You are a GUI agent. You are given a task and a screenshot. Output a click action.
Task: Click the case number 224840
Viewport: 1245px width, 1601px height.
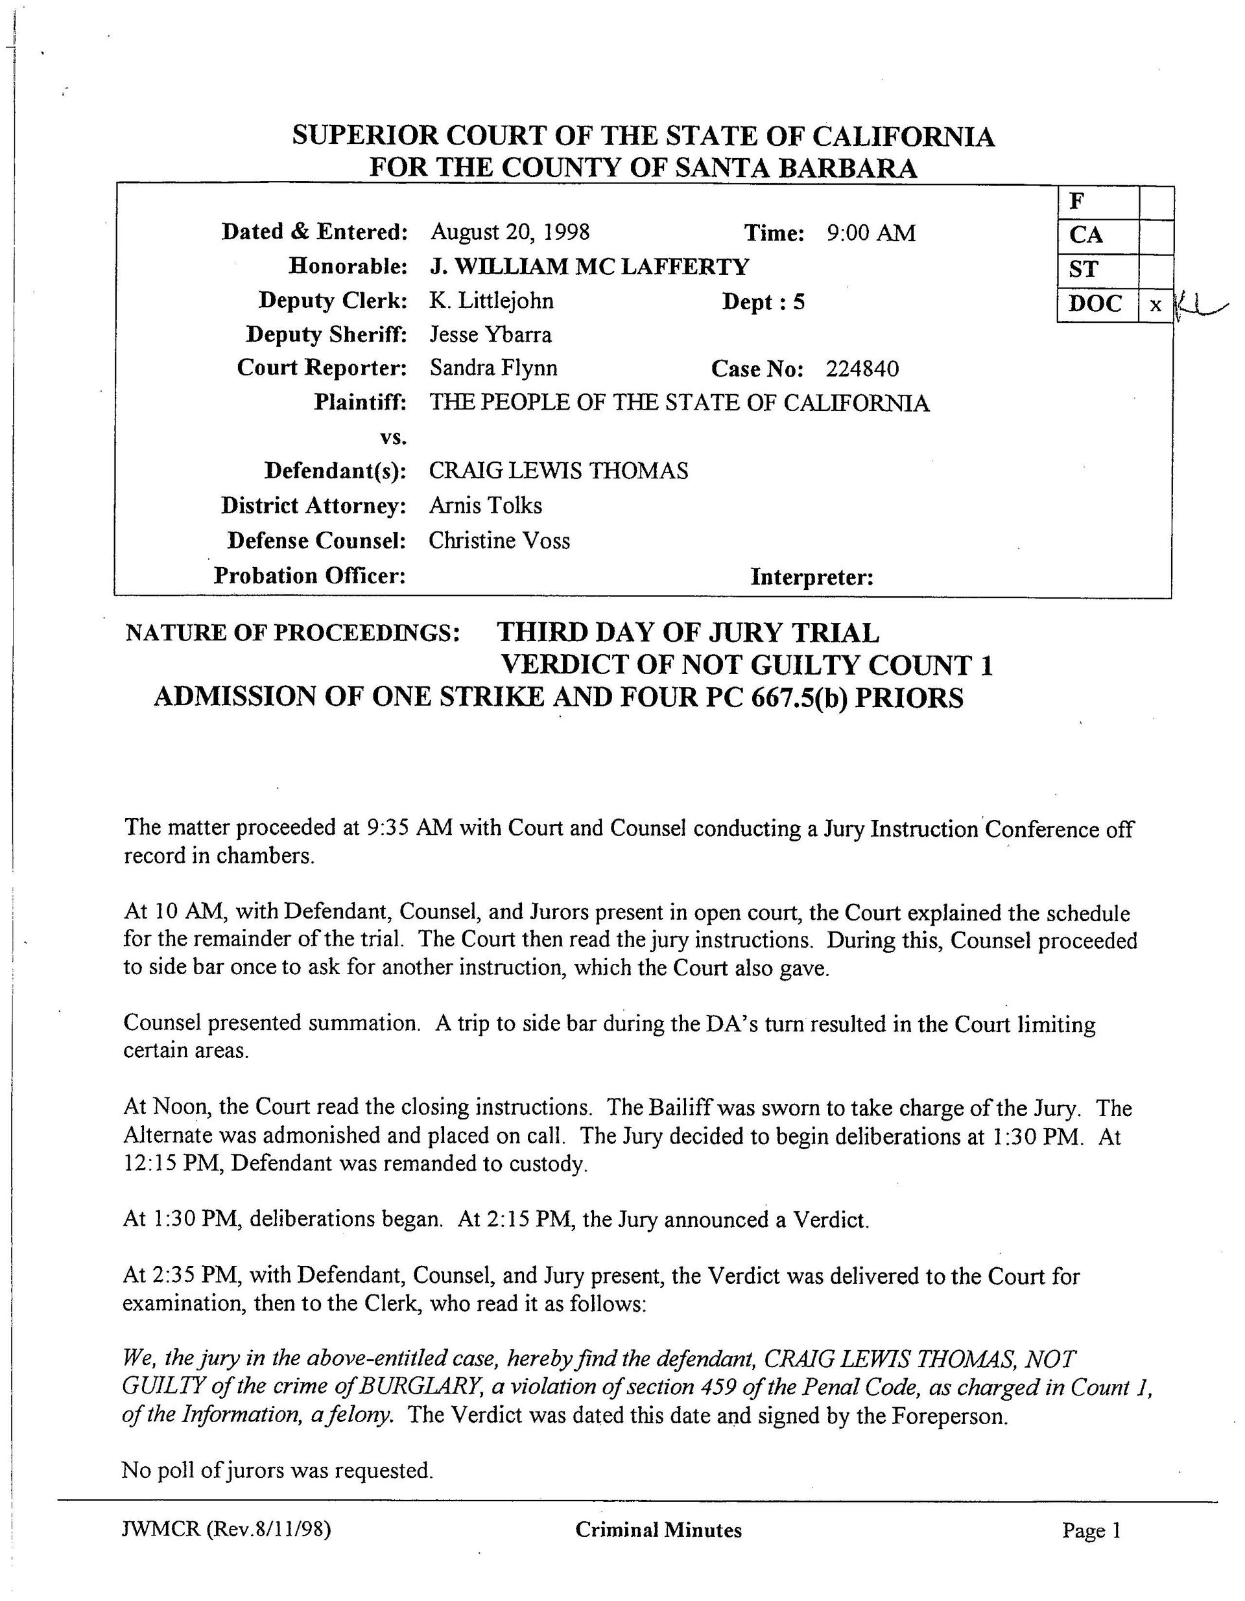coord(862,369)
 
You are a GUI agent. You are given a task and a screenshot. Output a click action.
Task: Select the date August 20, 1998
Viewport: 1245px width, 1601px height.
coord(510,233)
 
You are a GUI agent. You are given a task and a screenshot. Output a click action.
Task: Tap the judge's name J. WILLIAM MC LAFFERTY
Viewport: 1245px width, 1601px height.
coord(589,266)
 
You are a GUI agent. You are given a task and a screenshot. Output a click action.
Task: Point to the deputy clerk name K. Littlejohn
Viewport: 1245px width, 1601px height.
coord(492,301)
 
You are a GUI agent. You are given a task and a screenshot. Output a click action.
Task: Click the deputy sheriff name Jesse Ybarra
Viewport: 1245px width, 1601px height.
coord(490,335)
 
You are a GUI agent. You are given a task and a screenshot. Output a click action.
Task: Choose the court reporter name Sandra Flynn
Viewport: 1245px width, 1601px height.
coord(493,368)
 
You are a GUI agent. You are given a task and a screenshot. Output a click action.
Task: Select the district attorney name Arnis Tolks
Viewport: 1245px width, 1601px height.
coord(486,506)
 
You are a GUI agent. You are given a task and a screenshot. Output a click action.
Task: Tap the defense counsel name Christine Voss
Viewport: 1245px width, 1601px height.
coord(499,541)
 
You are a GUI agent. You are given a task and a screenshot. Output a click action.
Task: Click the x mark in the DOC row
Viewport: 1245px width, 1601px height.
coord(1156,305)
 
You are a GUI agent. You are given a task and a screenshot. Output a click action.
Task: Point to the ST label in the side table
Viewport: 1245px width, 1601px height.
coord(1082,270)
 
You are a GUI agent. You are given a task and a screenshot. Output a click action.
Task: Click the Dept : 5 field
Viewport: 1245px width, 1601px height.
coord(763,302)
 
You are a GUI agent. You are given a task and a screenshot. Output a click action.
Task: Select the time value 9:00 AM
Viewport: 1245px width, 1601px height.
coord(871,233)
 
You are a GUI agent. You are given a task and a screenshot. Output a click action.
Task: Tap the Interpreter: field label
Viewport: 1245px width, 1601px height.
coord(812,578)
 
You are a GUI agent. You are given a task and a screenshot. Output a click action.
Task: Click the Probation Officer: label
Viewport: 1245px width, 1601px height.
coord(309,576)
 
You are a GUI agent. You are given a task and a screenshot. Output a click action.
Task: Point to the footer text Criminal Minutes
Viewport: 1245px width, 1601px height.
coord(658,1530)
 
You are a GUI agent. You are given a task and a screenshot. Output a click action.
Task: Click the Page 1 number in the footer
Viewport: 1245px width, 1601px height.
coord(1091,1530)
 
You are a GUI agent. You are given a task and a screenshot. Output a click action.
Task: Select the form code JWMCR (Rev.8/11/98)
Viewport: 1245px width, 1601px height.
coord(226,1530)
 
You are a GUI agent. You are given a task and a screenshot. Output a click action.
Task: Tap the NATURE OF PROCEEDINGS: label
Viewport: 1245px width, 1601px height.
coord(292,632)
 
